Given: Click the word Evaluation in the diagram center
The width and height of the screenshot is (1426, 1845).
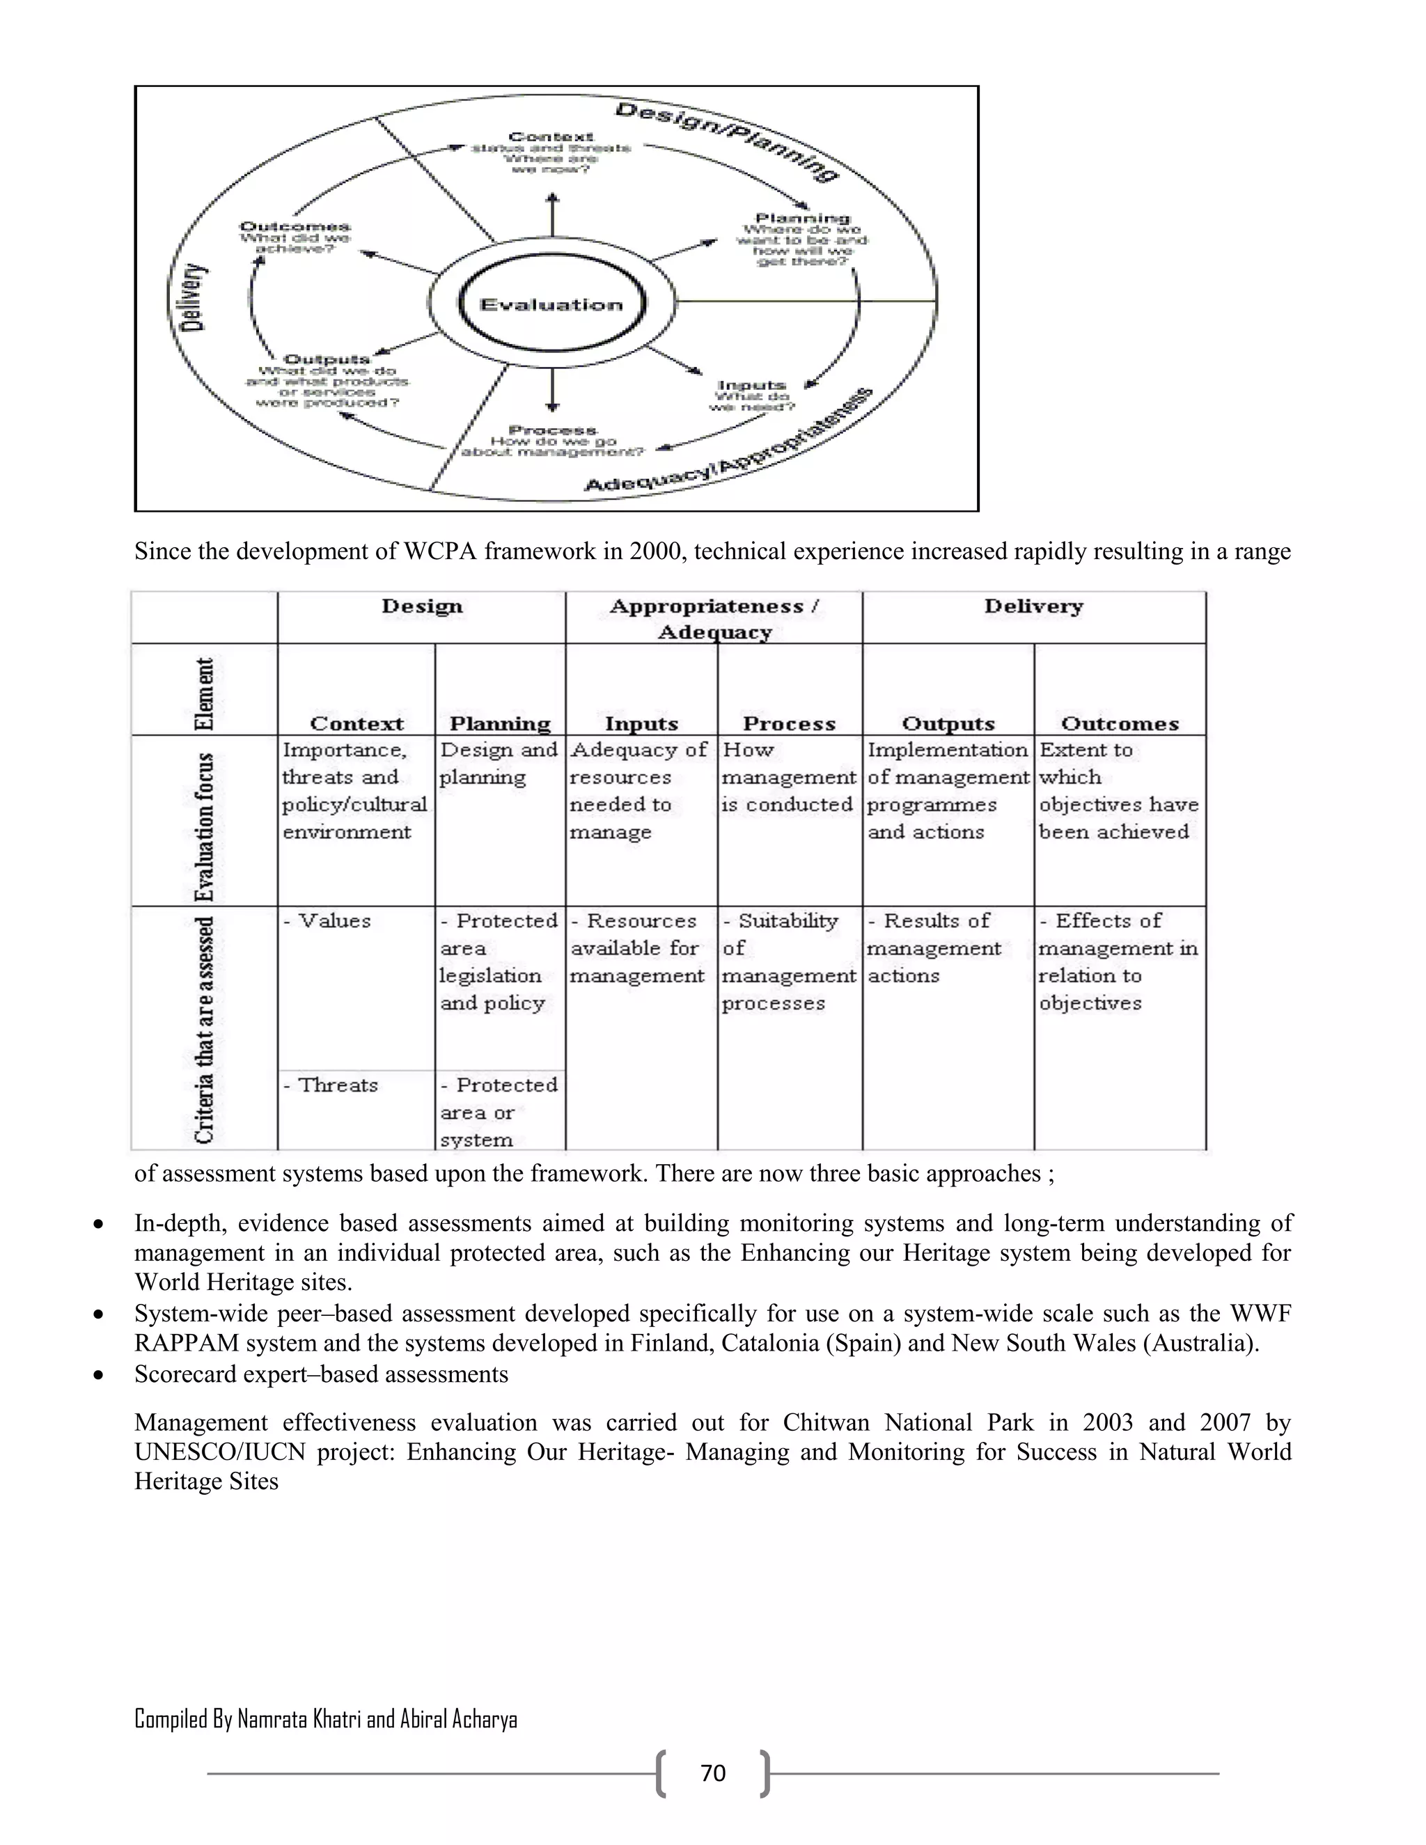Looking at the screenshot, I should [x=551, y=305].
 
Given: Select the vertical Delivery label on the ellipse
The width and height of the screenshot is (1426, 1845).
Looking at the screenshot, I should [x=194, y=297].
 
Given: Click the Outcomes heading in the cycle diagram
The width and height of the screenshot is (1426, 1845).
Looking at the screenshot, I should [x=295, y=226].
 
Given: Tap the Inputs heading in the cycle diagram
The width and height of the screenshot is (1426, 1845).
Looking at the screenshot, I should [x=751, y=385].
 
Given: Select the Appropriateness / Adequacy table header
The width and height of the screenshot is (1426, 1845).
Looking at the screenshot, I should [x=714, y=618].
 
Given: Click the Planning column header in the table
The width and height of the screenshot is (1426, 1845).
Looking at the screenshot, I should [x=499, y=723].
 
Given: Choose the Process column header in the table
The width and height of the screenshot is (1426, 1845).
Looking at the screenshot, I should [x=789, y=723].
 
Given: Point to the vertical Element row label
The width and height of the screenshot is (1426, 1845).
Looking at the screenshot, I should [x=205, y=693].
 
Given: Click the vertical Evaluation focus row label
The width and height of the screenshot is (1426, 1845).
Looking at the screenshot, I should [x=205, y=826].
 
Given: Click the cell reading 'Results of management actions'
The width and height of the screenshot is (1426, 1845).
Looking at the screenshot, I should [x=934, y=948].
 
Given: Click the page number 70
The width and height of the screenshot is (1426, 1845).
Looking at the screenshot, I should [x=713, y=1773].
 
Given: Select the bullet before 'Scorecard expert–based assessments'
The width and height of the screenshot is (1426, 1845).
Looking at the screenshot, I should [x=100, y=1375].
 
